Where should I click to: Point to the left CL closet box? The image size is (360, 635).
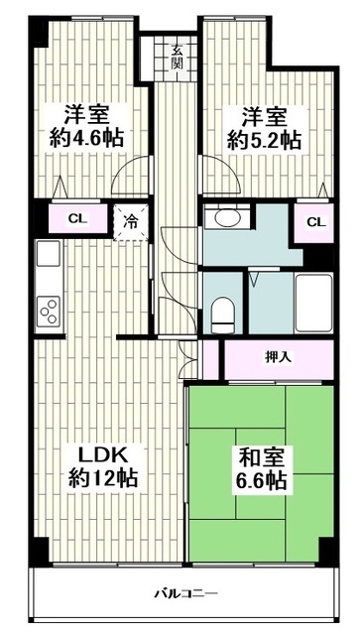click(x=74, y=218)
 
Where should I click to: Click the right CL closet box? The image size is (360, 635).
click(x=314, y=221)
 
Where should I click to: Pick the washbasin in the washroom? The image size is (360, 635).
click(x=223, y=218)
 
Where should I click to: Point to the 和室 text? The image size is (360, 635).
click(x=261, y=458)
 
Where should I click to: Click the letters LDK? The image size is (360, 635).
click(x=100, y=455)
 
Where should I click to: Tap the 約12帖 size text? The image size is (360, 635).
click(x=100, y=478)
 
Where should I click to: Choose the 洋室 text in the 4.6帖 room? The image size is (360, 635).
click(x=88, y=112)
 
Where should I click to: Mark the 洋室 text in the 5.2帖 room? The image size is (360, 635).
click(x=262, y=112)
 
